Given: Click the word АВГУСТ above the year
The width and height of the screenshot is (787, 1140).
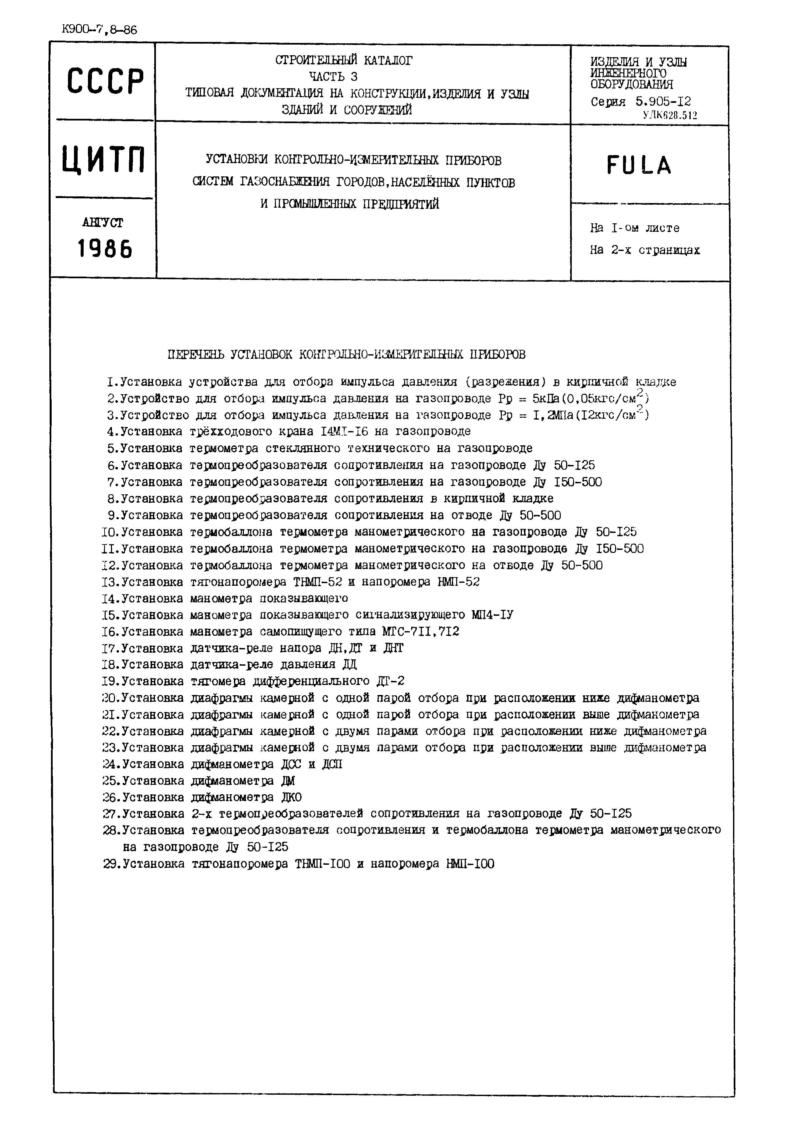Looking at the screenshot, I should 103,223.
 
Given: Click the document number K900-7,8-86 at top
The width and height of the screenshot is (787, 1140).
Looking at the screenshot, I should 100,30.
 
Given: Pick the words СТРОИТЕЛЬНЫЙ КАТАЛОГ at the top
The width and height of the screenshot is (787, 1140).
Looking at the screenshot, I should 344,61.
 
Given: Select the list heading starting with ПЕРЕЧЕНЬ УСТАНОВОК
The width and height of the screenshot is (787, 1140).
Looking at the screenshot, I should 347,355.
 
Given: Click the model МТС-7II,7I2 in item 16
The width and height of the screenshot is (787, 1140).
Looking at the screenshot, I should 420,632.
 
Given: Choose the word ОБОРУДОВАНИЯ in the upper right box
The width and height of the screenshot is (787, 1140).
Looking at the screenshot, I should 632,84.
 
